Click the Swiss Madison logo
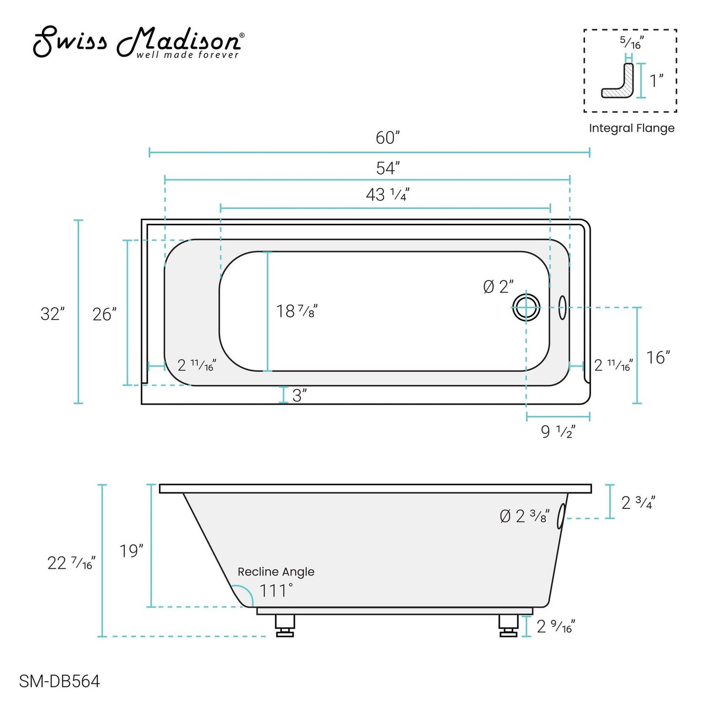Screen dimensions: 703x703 coord(138,43)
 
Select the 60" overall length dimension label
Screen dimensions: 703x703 coord(388,138)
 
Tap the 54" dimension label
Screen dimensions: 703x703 coord(388,168)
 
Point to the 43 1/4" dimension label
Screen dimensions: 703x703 coord(387,195)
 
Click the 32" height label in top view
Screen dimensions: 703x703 coord(53,314)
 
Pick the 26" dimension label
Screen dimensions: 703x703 coord(105,314)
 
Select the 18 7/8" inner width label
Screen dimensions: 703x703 coord(297,311)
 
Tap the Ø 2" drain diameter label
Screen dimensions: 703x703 coord(499,287)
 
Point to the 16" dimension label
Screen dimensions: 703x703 coord(658,358)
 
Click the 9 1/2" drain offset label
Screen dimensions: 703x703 coord(558,432)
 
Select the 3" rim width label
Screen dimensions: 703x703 coord(299,396)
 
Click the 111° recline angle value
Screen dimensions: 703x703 coord(276,591)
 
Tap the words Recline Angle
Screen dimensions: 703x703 coord(276,572)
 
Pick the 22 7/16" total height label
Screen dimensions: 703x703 coord(71,563)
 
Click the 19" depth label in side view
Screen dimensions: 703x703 coord(131,551)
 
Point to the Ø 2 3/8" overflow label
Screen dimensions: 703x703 coord(524,516)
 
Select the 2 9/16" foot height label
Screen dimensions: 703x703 coord(556,627)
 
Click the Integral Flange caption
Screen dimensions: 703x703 coord(631,128)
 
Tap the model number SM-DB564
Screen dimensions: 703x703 coord(59,682)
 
